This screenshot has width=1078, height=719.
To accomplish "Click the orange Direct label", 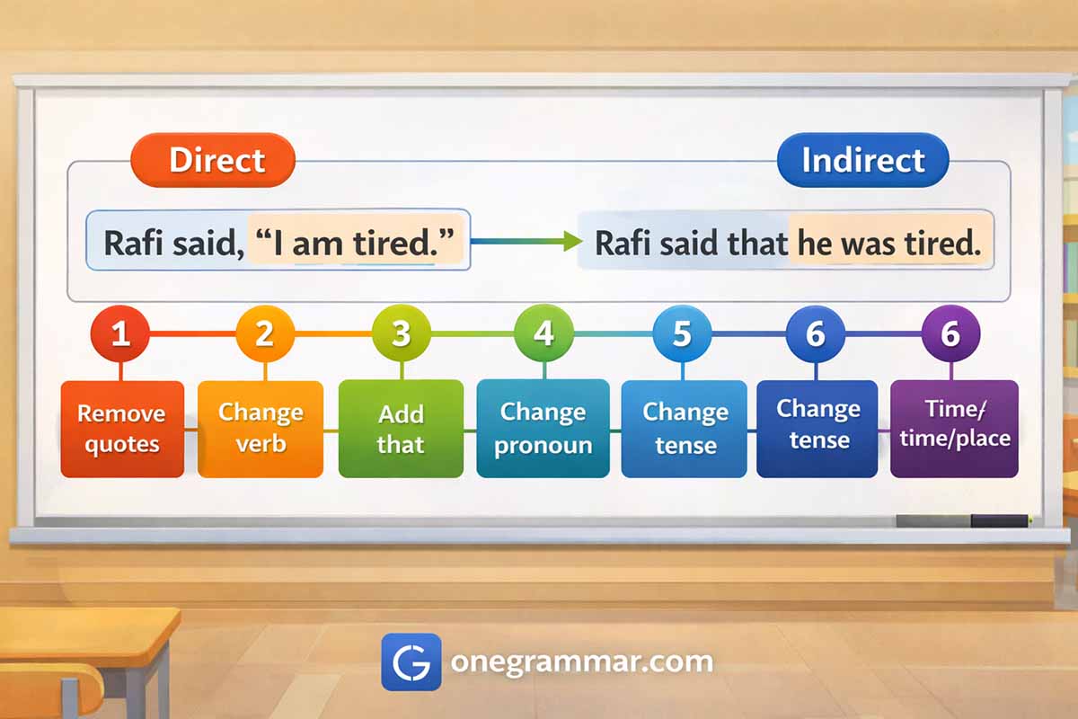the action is (x=213, y=160).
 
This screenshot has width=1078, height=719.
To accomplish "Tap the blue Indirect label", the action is (x=863, y=160).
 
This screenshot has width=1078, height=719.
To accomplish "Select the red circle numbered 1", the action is (x=119, y=333).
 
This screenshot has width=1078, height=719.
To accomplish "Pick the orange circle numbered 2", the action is (x=265, y=333).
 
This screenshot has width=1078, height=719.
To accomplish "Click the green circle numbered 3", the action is (x=402, y=333).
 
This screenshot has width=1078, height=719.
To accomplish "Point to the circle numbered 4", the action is (x=543, y=333).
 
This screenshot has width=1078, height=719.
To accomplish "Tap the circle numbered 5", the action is (x=682, y=333).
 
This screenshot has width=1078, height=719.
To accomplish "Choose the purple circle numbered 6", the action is (x=951, y=333).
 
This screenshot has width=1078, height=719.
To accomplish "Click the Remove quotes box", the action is (x=122, y=429).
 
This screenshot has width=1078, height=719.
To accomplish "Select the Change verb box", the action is (x=261, y=429).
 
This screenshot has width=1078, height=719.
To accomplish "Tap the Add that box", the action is (x=401, y=429).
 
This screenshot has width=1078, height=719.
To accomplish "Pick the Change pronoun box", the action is (x=543, y=429).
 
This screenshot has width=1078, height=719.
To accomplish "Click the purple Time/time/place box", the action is (x=954, y=429).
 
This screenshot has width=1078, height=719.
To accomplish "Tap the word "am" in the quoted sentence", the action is (x=317, y=244).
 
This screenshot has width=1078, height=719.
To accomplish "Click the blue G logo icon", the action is (x=411, y=662).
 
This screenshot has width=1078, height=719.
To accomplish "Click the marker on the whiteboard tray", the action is (x=963, y=520).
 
